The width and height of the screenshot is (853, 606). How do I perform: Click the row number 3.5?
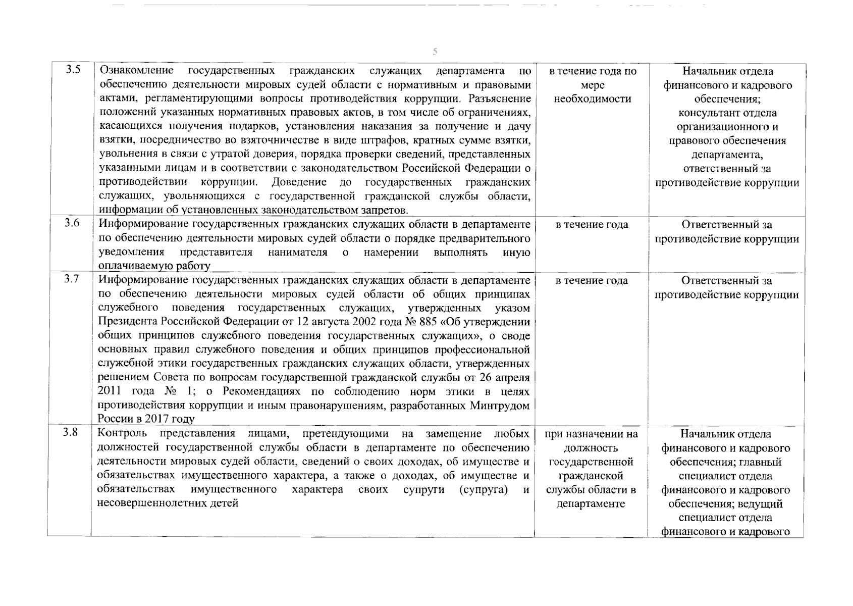[73, 70]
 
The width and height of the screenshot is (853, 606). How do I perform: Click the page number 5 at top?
[435, 52]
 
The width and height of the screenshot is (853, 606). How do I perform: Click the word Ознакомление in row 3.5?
[136, 70]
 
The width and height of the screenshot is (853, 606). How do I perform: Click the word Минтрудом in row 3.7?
[500, 406]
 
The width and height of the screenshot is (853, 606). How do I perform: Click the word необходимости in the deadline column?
[592, 99]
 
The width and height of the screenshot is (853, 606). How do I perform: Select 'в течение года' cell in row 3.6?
[592, 225]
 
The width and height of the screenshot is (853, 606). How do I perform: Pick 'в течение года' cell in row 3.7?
[592, 281]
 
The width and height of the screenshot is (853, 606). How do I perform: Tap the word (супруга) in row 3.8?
[483, 489]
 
